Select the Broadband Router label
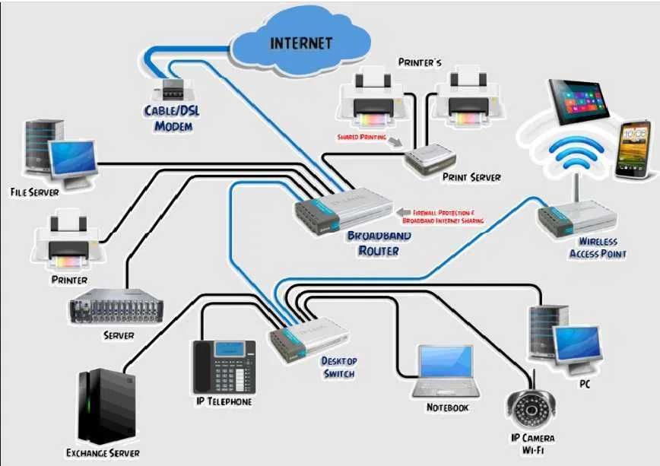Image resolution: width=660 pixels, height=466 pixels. (x=379, y=243)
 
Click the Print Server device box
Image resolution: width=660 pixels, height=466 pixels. (x=430, y=158)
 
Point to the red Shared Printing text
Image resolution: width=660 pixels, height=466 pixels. (x=361, y=138)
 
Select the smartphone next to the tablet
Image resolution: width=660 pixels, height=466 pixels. (x=633, y=149)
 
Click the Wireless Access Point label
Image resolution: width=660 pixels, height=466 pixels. (x=597, y=248)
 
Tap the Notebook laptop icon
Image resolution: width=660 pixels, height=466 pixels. (x=446, y=371)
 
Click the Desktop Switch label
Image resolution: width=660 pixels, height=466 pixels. (x=338, y=366)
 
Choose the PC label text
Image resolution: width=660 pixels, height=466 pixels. (x=584, y=385)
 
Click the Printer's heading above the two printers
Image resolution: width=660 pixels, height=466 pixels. (x=420, y=61)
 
